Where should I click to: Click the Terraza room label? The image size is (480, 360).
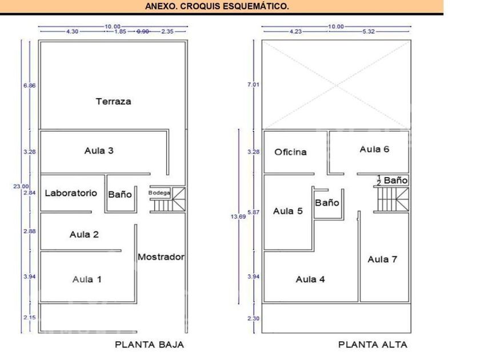113,102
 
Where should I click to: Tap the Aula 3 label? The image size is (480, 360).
99,151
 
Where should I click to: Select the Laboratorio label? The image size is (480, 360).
71,193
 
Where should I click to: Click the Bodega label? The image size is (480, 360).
159,193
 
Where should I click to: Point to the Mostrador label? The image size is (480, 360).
161,257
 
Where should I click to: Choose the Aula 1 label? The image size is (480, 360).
87,279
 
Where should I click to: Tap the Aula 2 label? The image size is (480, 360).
85,234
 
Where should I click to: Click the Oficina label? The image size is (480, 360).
290,152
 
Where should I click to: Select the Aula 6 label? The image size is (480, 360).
374,149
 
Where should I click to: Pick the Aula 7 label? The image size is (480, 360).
382,259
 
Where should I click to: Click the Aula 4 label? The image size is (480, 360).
310,279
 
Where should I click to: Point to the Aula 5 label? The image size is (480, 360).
288,211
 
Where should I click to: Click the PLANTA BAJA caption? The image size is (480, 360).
150,345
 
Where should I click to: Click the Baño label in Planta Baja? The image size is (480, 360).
120,194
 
